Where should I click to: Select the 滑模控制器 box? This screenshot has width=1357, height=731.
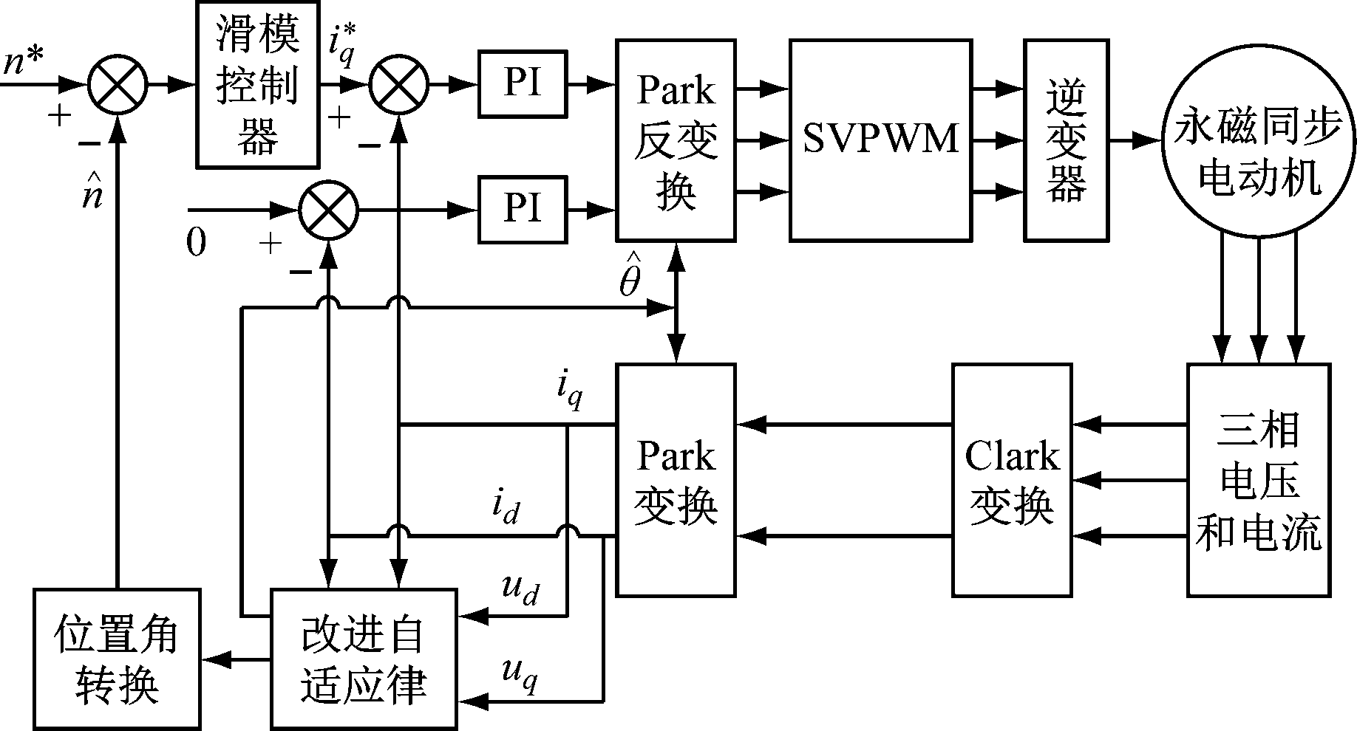pos(257,84)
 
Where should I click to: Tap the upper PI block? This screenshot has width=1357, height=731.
pos(523,84)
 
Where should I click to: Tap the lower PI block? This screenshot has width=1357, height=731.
pos(523,210)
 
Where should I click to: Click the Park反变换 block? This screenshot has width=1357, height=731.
pos(676,140)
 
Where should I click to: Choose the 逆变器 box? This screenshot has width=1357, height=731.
pos(1066,140)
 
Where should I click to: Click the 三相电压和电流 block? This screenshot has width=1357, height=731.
pos(1258,480)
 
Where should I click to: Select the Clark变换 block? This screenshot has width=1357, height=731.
pos(1011,480)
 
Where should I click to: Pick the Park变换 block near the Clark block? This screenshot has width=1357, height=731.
pos(676,480)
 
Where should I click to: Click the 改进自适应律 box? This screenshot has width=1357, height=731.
pos(363,658)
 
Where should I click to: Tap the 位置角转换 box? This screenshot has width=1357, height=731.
pos(117,658)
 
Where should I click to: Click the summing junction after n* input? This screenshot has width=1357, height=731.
pos(118,85)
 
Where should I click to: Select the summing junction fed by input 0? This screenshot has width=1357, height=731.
pos(328,210)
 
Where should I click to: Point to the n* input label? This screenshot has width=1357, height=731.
pos(25,63)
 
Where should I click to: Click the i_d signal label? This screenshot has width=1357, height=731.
pos(506,508)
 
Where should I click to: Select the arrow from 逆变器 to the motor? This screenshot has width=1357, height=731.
pos(1135,140)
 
